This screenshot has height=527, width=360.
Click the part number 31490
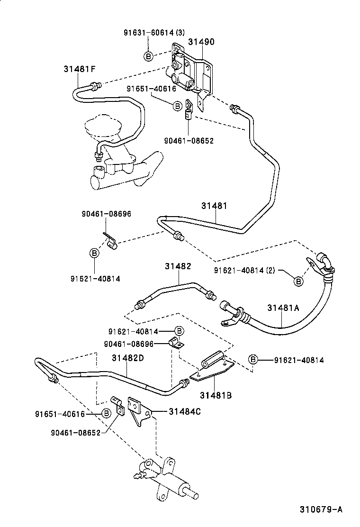coord(201,42)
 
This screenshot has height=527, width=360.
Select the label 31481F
coord(80,69)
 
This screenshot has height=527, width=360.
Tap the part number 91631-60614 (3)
coord(154,33)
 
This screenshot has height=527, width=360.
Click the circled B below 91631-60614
coord(148,56)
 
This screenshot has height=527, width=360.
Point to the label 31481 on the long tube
coord(214,206)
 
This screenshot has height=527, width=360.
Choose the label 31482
coord(178,266)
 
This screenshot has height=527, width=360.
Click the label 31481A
coord(283,308)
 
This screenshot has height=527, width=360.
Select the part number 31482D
coord(128,358)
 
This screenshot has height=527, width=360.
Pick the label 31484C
coord(185,411)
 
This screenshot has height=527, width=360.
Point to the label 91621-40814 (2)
coord(244,271)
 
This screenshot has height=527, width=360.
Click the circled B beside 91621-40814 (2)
coord(298,282)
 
